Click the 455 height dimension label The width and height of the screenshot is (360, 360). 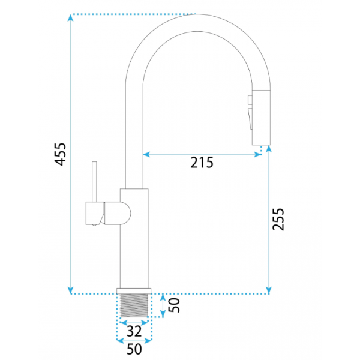(60, 154)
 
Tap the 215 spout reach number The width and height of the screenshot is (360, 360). (202, 163)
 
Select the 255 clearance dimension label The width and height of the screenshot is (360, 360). (278, 219)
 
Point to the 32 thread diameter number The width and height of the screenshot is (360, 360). (134, 331)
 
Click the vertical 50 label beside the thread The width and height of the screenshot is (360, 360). (174, 305)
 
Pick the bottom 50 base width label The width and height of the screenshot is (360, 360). (134, 349)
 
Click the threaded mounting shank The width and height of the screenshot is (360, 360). (134, 305)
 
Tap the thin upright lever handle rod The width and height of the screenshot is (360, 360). (94, 182)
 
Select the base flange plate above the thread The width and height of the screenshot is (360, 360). (134, 291)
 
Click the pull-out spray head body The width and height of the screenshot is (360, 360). (261, 118)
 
